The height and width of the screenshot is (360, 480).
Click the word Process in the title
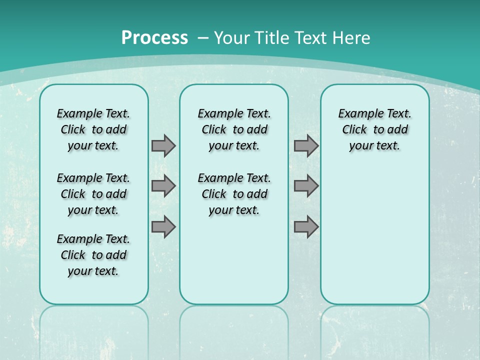click(x=154, y=38)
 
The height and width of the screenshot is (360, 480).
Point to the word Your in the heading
click(x=233, y=38)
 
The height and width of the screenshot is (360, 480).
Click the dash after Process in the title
click(x=203, y=38)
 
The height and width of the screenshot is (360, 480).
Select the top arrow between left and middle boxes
click(x=163, y=145)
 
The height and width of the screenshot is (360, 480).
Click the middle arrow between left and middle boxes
click(x=163, y=186)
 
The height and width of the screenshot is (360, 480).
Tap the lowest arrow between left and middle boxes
click(x=163, y=226)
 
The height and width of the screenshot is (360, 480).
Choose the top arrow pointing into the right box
click(x=306, y=145)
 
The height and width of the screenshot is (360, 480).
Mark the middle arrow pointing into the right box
click(x=306, y=186)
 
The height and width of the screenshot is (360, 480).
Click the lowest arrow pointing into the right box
click(x=306, y=226)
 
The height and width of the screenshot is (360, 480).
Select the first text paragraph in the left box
click(x=93, y=129)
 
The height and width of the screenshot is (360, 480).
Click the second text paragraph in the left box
click(x=93, y=194)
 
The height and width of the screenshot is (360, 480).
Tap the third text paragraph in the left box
click(x=93, y=255)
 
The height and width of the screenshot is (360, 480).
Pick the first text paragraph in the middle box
click(x=234, y=129)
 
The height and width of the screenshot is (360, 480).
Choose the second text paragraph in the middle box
click(x=234, y=194)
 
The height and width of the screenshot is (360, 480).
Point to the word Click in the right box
click(x=354, y=130)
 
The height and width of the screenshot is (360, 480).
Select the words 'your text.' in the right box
click(x=374, y=146)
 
